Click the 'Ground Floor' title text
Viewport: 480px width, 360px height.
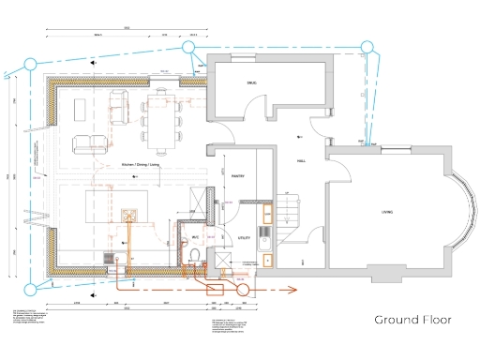click(x=412, y=320)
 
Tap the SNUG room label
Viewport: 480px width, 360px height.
click(x=251, y=84)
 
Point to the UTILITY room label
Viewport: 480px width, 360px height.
click(x=244, y=239)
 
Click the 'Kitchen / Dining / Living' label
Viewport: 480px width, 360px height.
click(x=139, y=165)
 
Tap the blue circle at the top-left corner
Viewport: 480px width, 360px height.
click(x=30, y=64)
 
